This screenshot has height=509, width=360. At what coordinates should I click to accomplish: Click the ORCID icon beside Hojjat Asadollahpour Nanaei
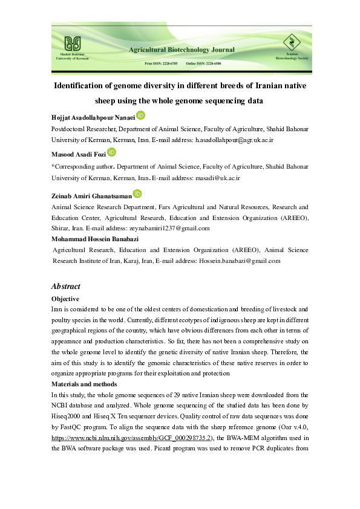(140, 115)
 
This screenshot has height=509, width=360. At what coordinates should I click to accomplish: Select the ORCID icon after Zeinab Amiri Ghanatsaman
(137, 193)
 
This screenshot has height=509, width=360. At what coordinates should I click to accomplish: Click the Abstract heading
(65, 287)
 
